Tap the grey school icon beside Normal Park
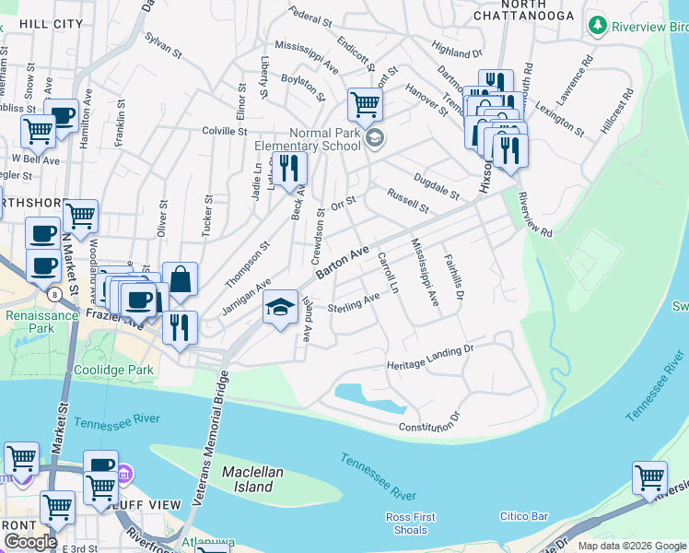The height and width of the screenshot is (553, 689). coord(374,138)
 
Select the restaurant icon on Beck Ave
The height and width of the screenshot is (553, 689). coord(290,169)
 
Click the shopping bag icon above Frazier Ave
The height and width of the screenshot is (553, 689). coord(181,279)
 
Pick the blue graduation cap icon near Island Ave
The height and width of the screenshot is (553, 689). coord(280,308)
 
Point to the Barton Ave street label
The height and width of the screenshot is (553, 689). coord(343,263)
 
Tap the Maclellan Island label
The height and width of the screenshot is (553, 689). coord(248,479)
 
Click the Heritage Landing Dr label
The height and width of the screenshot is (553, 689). coord(429,356)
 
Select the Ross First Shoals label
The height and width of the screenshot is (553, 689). coord(410,524)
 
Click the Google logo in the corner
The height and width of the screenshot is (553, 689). coord(30,542)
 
